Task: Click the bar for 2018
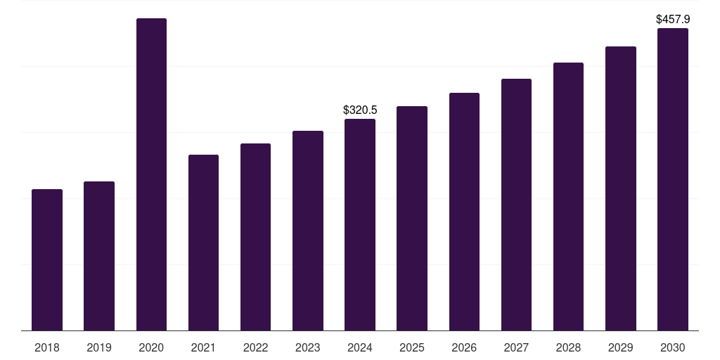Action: (47, 260)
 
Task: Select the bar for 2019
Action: (99, 256)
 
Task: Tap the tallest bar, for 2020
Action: (152, 174)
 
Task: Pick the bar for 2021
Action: (203, 243)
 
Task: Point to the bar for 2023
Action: (308, 231)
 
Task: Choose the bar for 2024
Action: (360, 225)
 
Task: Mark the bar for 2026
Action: (464, 212)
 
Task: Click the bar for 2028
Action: (568, 197)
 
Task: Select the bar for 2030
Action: (673, 179)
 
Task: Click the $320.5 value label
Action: (360, 110)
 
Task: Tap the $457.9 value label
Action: (673, 19)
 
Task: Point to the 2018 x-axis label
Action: (47, 348)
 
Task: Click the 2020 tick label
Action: (152, 348)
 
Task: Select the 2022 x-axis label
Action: (256, 348)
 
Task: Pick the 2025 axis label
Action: (412, 348)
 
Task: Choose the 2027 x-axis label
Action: (516, 348)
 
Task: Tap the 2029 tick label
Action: (621, 348)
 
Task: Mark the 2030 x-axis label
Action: (673, 348)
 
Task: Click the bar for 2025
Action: (412, 219)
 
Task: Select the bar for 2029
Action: (621, 188)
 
